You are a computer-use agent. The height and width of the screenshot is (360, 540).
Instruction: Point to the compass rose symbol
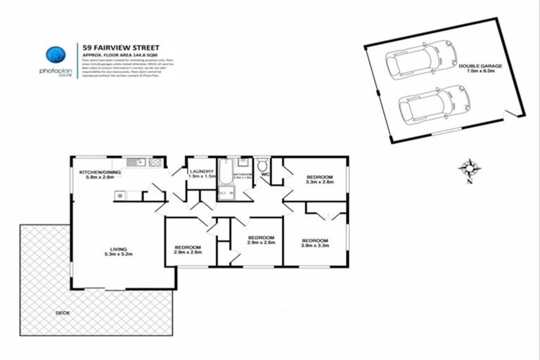tap(469, 167)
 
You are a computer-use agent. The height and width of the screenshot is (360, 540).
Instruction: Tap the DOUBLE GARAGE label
tap(479, 65)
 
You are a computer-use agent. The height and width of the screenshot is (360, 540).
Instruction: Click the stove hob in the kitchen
tap(156, 162)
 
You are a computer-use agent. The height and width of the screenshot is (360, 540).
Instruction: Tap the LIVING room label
tap(117, 248)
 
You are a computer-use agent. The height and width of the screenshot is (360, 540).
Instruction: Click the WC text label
tap(265, 173)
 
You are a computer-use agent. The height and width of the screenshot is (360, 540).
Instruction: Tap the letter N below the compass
tap(469, 181)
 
